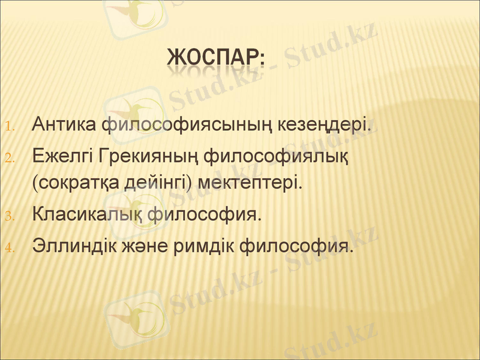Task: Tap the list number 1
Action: click(x=8, y=127)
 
